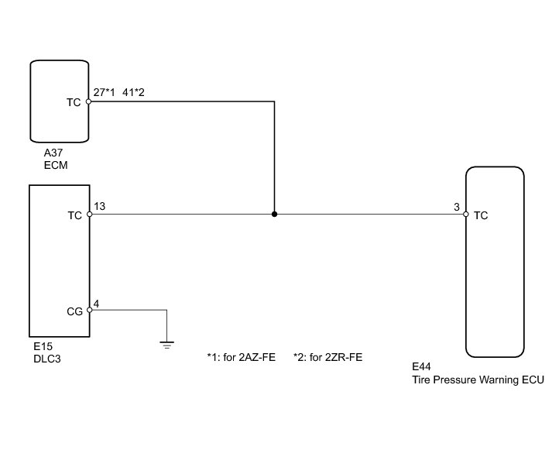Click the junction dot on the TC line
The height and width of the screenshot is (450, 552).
[274, 215]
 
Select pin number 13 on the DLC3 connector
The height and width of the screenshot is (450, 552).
[99, 207]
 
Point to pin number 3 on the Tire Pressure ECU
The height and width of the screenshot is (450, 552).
[458, 207]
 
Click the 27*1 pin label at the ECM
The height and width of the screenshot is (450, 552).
[104, 92]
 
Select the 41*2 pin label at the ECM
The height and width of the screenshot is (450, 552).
[134, 92]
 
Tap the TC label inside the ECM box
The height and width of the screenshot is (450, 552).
[74, 101]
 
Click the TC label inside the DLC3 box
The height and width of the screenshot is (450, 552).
[74, 216]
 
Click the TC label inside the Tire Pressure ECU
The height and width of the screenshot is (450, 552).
[481, 216]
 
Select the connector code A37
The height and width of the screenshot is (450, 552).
[53, 153]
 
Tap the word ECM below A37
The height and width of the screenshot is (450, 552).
[56, 164]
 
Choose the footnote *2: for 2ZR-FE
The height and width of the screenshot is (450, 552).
[327, 358]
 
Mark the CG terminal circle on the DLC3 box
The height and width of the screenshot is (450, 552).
[90, 310]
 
